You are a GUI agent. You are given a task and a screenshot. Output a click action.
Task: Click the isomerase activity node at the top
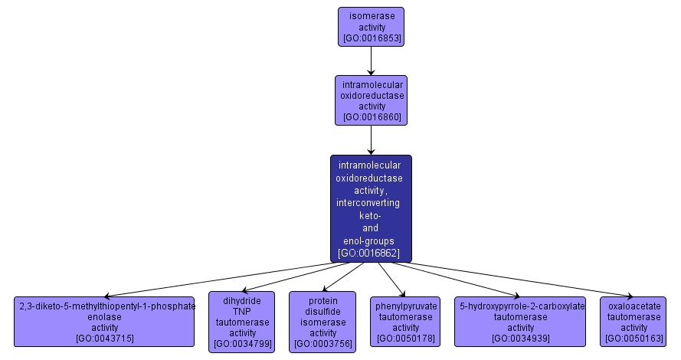(371, 26)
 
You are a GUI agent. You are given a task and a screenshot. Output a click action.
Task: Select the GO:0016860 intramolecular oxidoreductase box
(371, 100)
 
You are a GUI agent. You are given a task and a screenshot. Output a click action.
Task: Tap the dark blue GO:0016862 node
(371, 208)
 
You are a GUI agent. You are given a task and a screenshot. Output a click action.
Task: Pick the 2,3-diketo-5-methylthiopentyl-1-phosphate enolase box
(105, 321)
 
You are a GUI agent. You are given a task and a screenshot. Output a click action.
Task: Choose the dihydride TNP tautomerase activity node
(242, 322)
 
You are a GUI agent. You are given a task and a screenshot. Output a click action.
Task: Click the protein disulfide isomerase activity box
(322, 322)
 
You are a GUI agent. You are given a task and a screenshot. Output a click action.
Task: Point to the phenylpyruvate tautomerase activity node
(406, 322)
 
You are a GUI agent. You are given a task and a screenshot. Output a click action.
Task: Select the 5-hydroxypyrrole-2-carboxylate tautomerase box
(521, 322)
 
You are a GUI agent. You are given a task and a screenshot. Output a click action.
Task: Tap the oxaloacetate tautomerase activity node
(633, 322)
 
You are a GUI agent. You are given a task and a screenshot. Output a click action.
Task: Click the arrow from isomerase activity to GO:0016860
(371, 61)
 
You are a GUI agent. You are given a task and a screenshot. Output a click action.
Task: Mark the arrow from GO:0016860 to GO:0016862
(371, 139)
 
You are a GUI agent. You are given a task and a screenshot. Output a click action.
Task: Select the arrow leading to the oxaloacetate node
(521, 280)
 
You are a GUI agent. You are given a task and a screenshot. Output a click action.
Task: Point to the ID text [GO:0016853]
(371, 38)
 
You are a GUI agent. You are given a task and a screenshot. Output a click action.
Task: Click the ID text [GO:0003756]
(322, 344)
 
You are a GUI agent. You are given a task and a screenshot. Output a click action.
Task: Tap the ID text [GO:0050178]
(406, 339)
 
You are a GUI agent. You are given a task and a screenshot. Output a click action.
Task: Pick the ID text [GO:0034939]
(521, 339)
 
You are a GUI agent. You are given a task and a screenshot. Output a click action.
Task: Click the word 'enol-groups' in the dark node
(369, 241)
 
